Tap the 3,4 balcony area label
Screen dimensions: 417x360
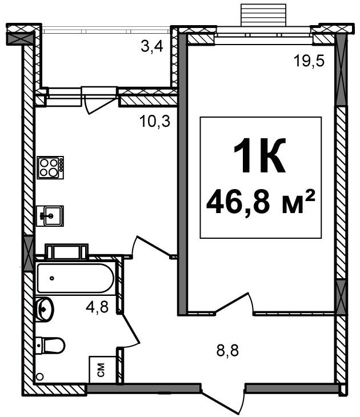pyautogui.click(x=152, y=47)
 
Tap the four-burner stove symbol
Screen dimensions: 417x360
pyautogui.click(x=50, y=167)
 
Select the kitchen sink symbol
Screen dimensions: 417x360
pyautogui.click(x=50, y=216)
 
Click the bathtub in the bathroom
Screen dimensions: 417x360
pyautogui.click(x=75, y=278)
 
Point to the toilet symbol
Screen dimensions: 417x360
pyautogui.click(x=50, y=345)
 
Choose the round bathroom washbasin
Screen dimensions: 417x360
pyautogui.click(x=45, y=310)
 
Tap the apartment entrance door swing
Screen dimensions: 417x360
pyautogui.click(x=223, y=400)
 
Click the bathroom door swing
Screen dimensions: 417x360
pyautogui.click(x=130, y=331)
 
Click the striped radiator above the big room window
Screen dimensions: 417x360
pyautogui.click(x=263, y=15)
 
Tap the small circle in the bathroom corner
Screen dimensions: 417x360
pyautogui.click(x=40, y=377)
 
